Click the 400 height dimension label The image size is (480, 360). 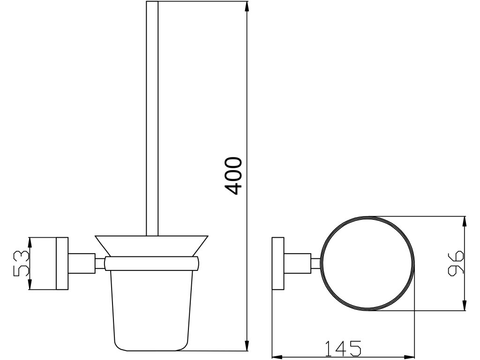pos(233,176)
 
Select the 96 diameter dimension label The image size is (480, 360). pos(456,263)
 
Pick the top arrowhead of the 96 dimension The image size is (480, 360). pos(465,222)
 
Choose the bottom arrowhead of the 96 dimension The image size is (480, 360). pos(465,305)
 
